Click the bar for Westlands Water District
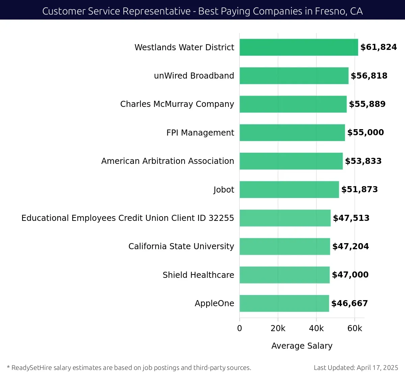tap(299, 47)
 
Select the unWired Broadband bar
tap(294, 76)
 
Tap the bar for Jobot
tap(289, 190)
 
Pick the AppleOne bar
tap(284, 303)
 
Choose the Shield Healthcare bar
tap(285, 275)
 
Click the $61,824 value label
tap(378, 47)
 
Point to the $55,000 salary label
tap(366, 133)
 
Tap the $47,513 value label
tap(351, 218)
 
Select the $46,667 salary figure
tap(349, 303)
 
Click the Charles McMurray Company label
tap(177, 104)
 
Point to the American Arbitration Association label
tap(167, 161)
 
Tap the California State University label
tap(181, 246)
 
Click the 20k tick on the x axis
tap(278, 328)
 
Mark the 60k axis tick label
tap(355, 328)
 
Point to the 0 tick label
tap(240, 328)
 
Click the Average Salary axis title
tap(302, 346)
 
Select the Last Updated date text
tap(356, 368)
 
